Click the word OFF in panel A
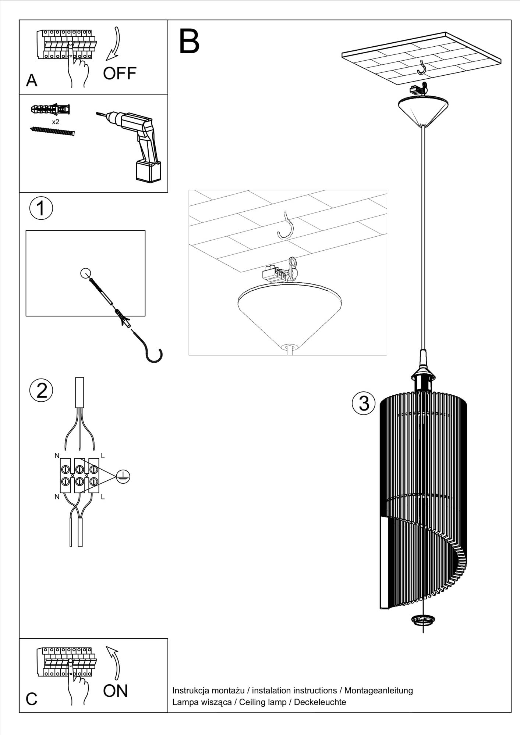pyautogui.click(x=120, y=73)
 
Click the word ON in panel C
pyautogui.click(x=115, y=691)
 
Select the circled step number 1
pyautogui.click(x=41, y=208)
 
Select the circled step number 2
pyautogui.click(x=41, y=390)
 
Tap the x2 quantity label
pyautogui.click(x=55, y=122)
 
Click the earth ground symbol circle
pyautogui.click(x=123, y=477)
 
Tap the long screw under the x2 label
pyautogui.click(x=52, y=130)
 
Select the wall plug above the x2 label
pyautogui.click(x=51, y=109)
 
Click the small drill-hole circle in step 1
pyautogui.click(x=85, y=273)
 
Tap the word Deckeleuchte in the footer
pyautogui.click(x=320, y=702)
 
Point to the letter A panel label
pyautogui.click(x=32, y=80)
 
